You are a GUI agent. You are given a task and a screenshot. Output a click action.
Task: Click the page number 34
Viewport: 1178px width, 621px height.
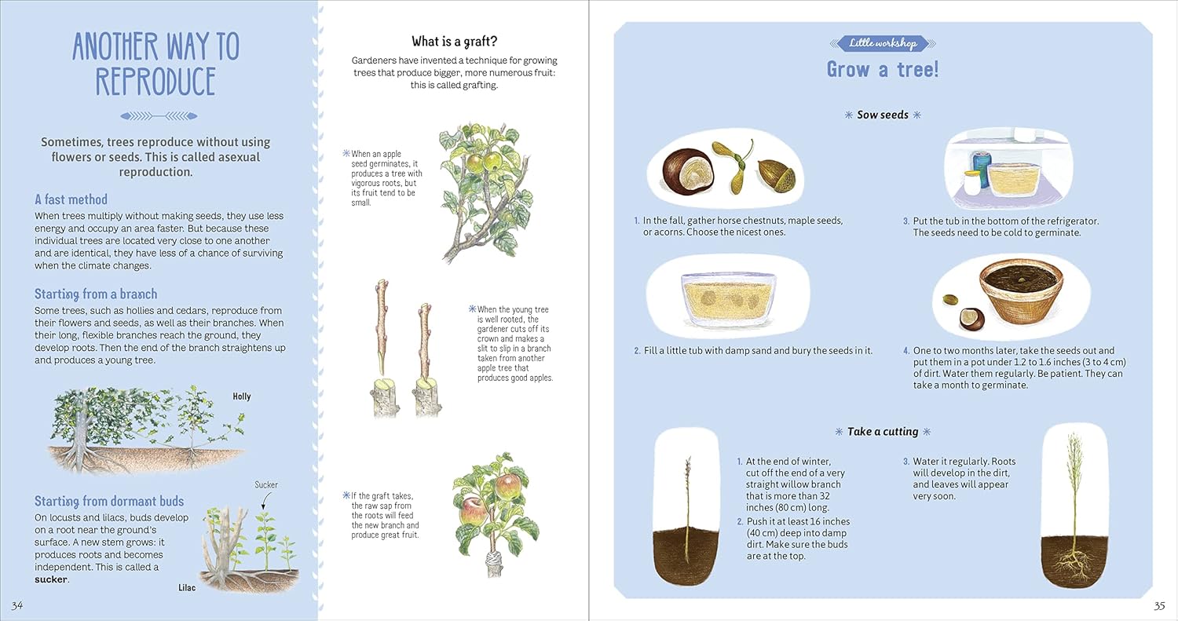point(17,605)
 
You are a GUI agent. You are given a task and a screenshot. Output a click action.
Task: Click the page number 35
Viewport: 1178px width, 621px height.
point(1159,605)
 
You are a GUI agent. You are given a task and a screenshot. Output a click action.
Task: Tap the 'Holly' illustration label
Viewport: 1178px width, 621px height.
point(241,396)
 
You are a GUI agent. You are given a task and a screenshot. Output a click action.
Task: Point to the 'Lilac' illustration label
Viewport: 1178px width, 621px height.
point(186,587)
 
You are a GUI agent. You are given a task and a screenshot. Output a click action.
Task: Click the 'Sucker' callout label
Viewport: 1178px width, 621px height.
point(266,484)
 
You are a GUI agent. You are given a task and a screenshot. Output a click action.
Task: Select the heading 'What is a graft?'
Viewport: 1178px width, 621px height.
point(454,41)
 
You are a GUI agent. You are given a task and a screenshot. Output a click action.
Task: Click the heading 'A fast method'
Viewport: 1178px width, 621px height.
point(71,199)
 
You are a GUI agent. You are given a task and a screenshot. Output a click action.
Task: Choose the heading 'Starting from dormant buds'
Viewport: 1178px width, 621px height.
point(109,501)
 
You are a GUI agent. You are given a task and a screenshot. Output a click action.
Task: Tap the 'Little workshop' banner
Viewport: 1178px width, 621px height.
point(883,43)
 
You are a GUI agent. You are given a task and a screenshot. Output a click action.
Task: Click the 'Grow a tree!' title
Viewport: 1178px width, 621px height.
point(883,70)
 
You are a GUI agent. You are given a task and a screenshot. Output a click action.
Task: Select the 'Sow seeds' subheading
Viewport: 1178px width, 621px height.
point(883,115)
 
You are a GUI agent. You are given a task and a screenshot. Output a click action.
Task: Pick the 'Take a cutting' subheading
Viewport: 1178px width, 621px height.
point(883,431)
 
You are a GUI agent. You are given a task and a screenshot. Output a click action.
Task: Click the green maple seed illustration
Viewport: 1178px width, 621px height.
point(734,163)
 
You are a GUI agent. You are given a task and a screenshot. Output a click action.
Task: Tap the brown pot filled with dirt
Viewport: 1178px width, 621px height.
point(1021,290)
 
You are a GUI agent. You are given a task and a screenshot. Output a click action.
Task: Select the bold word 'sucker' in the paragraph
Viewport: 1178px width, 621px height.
point(51,579)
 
